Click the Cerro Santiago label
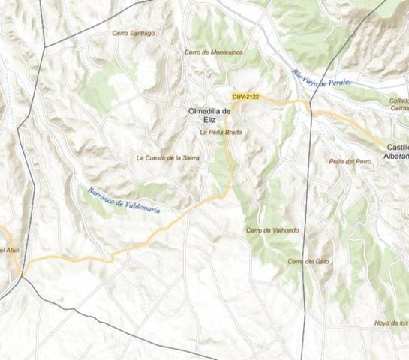point(134,33)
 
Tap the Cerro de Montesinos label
point(215,52)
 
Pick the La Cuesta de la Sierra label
point(168,158)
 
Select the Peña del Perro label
point(350,161)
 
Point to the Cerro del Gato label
point(308,261)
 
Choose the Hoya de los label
point(391,323)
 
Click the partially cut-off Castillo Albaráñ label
point(396,151)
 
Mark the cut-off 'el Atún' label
point(8,250)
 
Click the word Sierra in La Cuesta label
point(187,158)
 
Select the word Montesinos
point(227,52)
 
